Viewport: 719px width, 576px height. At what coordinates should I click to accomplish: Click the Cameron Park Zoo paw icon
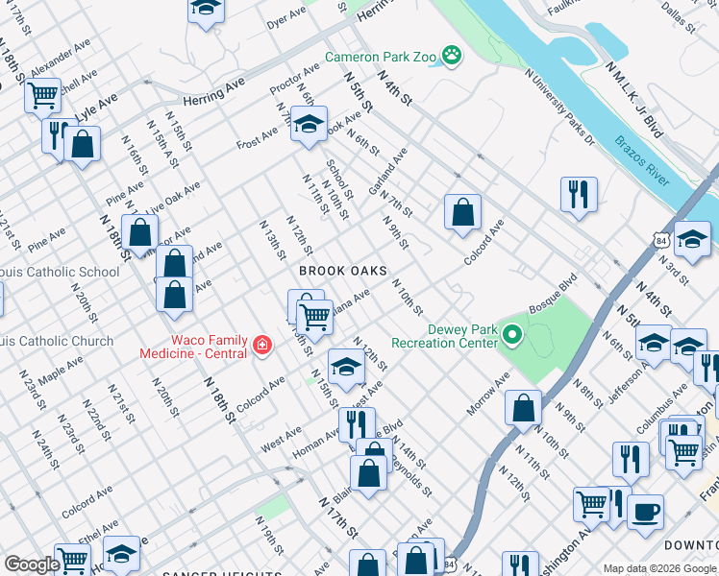(452, 57)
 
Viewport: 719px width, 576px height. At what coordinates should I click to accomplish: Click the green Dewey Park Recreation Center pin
(512, 335)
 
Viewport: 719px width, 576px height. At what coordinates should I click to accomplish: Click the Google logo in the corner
(32, 564)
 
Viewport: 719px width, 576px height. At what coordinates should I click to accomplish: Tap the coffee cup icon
(645, 511)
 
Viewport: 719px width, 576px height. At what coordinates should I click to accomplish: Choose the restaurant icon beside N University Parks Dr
(579, 193)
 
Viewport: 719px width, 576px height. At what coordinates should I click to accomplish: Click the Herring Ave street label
(214, 90)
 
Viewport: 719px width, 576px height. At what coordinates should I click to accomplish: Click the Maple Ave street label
(61, 368)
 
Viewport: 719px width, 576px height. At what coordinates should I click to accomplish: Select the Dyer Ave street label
(285, 19)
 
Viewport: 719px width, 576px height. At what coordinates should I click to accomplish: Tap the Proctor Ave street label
(295, 82)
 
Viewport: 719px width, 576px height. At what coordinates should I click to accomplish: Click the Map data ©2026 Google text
(658, 567)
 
